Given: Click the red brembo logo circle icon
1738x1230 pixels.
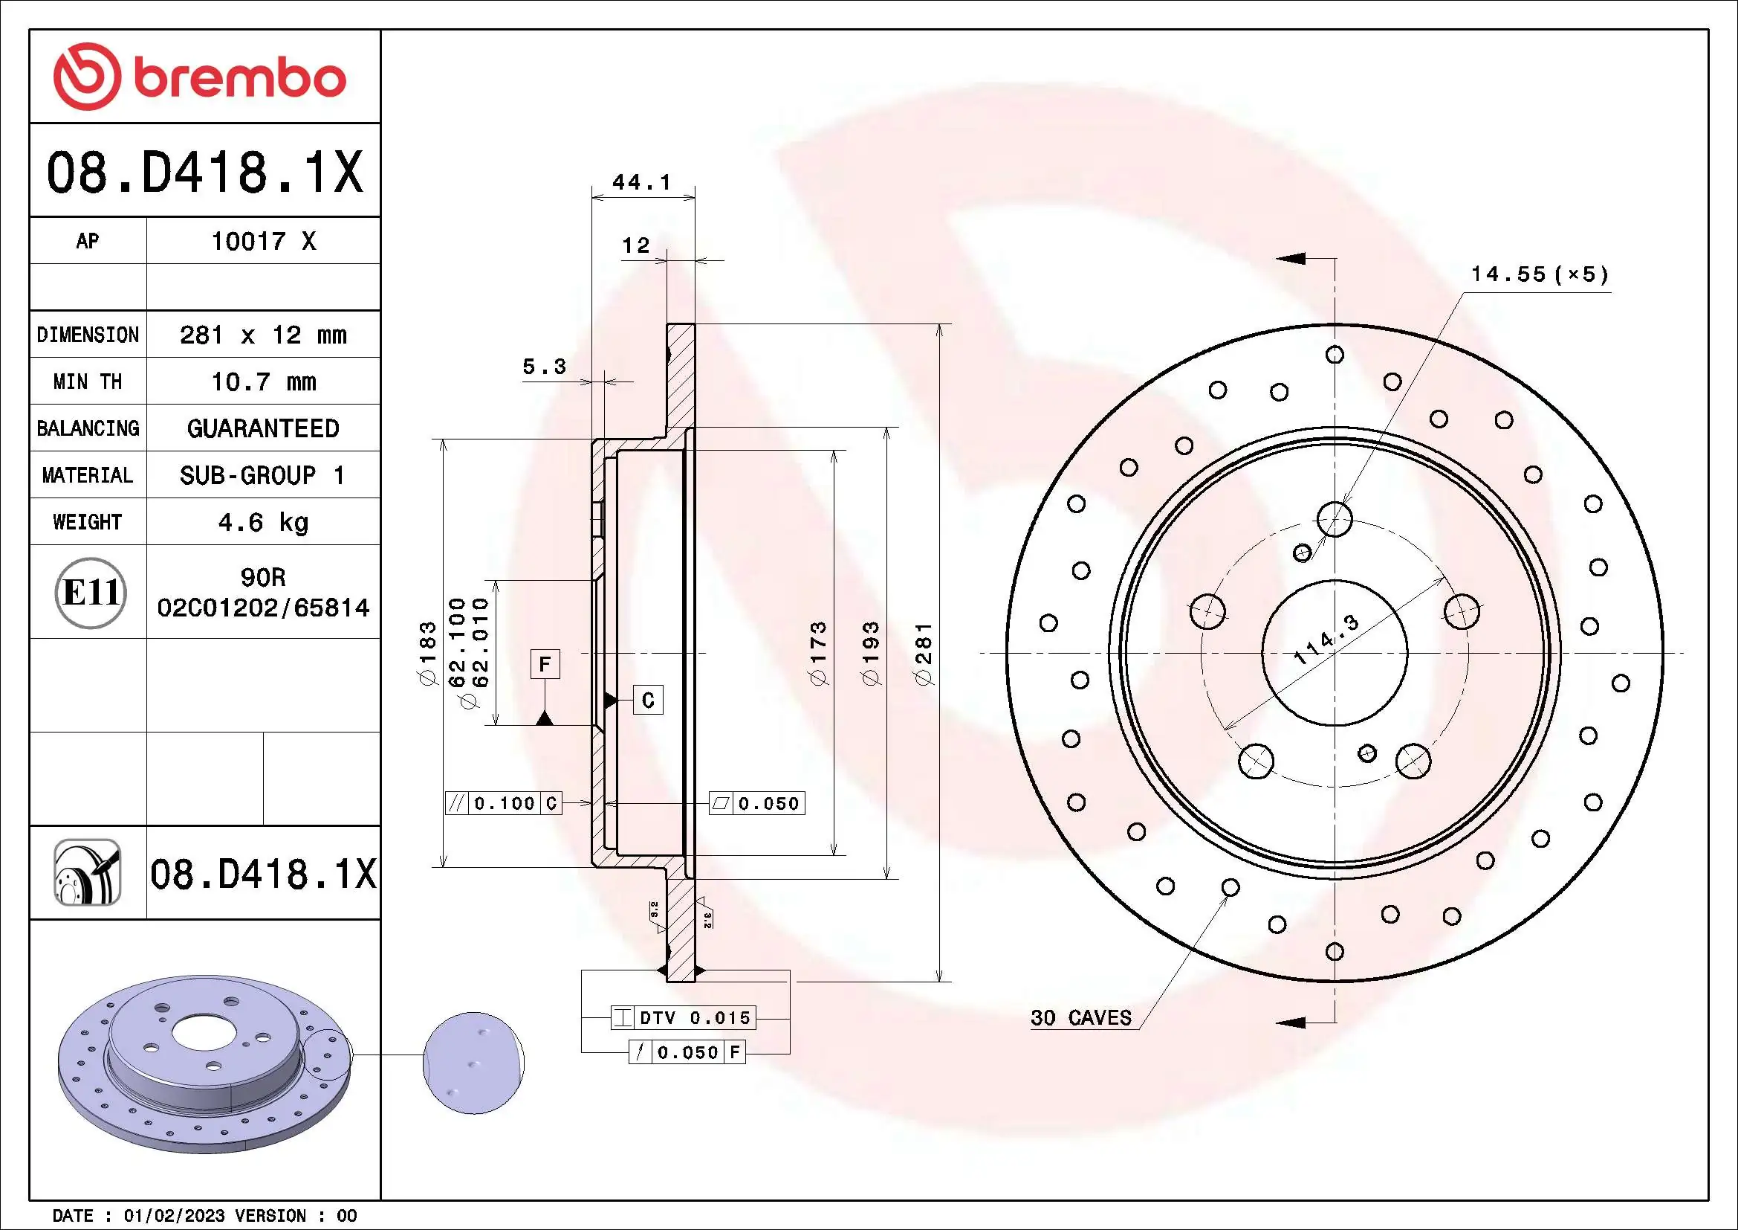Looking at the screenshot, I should click(x=85, y=77).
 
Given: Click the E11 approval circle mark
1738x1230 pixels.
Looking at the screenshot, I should click(x=90, y=592).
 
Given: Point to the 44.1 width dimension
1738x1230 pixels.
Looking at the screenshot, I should click(x=641, y=182).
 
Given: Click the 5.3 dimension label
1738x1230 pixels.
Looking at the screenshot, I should click(x=543, y=367).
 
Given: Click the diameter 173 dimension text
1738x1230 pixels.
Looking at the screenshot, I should click(x=819, y=653).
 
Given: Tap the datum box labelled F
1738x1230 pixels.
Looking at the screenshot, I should click(x=544, y=665).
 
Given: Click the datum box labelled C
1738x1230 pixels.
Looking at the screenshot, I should click(x=648, y=700).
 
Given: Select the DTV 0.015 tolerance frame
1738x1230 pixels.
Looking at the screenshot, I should click(x=684, y=1017).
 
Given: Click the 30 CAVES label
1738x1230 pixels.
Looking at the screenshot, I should click(x=1080, y=1018).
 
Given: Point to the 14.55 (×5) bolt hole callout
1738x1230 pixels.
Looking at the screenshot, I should click(x=1539, y=274).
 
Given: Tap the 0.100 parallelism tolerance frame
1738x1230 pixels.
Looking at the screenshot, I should click(x=503, y=803).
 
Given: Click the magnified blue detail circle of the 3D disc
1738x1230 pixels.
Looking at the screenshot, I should click(x=473, y=1063).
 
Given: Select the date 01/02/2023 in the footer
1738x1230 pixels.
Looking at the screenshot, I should click(x=174, y=1216).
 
